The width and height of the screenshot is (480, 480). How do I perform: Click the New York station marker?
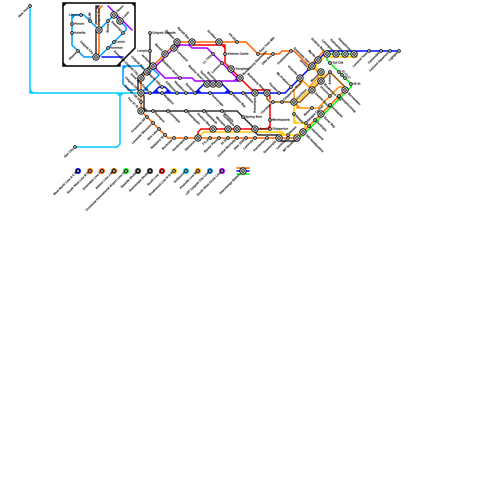pyautogui.click(x=30, y=6)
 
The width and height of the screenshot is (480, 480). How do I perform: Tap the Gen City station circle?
pyautogui.click(x=75, y=147)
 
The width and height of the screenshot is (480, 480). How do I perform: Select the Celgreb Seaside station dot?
pyautogui.click(x=150, y=33)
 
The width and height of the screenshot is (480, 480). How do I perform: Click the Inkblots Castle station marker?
pyautogui.click(x=225, y=54)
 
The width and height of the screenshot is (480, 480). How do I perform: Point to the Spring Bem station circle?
pyautogui.click(x=243, y=117)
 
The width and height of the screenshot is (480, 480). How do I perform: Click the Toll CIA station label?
pyautogui.click(x=338, y=63)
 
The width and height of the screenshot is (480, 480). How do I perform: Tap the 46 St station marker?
pyautogui.click(x=351, y=84)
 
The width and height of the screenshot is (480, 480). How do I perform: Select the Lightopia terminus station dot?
pyautogui.click(x=399, y=51)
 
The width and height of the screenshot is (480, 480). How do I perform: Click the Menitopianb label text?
pyautogui.click(x=281, y=120)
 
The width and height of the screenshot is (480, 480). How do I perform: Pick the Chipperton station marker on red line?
pyautogui.click(x=270, y=129)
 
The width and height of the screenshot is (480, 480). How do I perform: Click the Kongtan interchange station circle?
pyautogui.click(x=231, y=69)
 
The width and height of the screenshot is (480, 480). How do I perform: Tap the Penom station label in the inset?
pyautogui.click(x=79, y=24)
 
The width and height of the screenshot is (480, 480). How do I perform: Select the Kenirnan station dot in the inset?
pyautogui.click(x=108, y=48)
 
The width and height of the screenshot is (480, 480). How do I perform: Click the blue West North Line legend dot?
pyautogui.click(x=78, y=171)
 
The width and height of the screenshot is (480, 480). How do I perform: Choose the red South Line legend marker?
pyautogui.click(x=162, y=171)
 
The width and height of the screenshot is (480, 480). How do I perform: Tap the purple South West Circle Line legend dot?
pyautogui.click(x=222, y=171)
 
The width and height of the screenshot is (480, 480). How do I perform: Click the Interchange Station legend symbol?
pyautogui.click(x=243, y=171)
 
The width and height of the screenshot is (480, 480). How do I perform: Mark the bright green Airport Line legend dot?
pyautogui.click(x=126, y=171)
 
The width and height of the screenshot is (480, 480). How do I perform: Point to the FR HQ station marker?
pyautogui.click(x=237, y=42)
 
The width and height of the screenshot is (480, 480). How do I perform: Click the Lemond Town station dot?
pyautogui.click(x=369, y=51)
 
